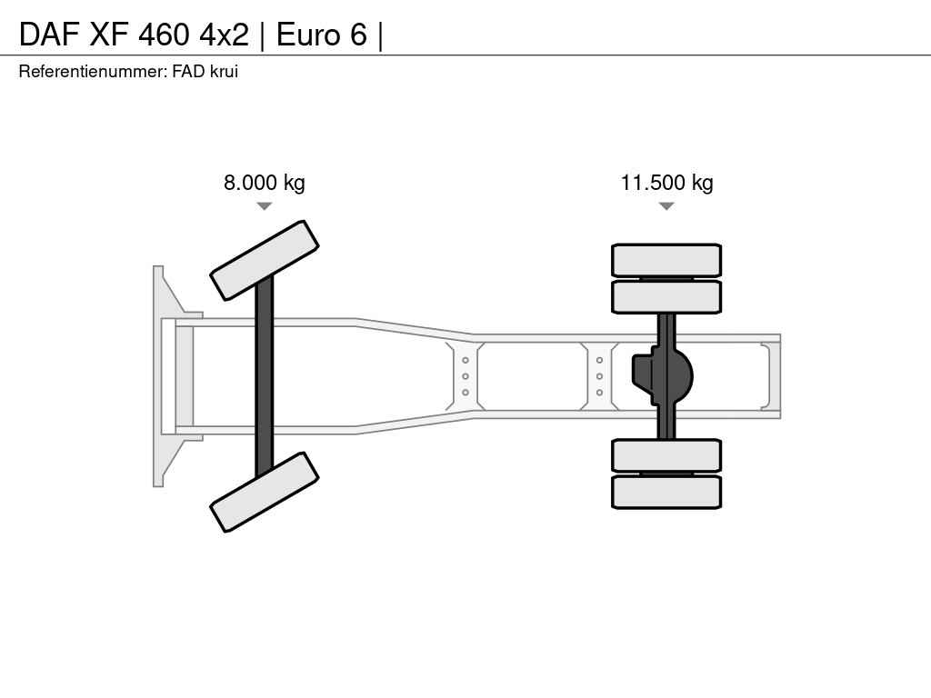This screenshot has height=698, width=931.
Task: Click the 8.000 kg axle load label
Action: coord(265,182)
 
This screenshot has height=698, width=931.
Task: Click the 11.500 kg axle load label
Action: coord(666,182)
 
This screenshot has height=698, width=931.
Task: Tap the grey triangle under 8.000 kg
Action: coord(265,206)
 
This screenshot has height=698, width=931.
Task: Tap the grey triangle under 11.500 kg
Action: coord(666,206)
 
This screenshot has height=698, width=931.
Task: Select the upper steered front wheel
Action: coord(265,261)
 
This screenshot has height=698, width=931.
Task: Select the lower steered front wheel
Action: coord(265,492)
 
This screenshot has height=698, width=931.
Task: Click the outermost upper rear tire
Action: coord(666,260)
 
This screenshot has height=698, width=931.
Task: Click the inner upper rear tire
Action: coord(666,297)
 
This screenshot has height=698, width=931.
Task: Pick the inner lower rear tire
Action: coord(666,456)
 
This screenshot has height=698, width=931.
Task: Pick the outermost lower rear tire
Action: coord(666,492)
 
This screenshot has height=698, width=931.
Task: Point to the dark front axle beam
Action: coord(265,376)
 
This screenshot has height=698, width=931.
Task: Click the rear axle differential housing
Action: coord(662,376)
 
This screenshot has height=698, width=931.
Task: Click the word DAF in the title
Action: coord(50,35)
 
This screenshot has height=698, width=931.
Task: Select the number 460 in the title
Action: coord(164,35)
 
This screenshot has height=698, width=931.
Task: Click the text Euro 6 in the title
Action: coord(322,35)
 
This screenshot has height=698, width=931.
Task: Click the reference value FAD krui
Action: coord(205,71)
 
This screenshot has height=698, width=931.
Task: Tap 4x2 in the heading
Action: coord(224,35)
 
